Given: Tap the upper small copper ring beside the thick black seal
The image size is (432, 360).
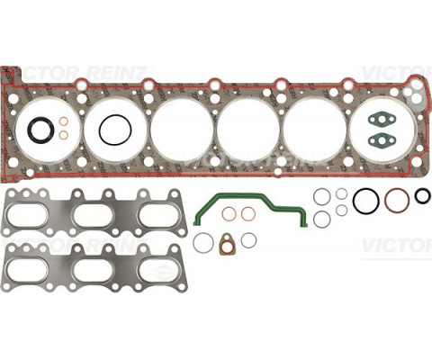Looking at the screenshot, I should [x=64, y=122].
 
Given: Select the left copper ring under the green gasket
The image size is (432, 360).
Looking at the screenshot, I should [x=229, y=213].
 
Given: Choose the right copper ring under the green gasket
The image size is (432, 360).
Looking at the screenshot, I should [x=247, y=213].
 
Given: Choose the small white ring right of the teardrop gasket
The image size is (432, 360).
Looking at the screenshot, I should [x=248, y=239].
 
